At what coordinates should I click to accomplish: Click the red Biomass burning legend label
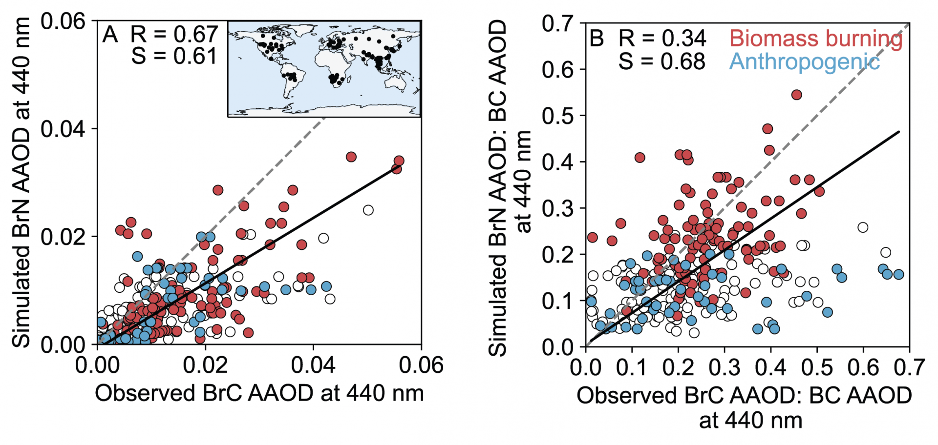point(816,39)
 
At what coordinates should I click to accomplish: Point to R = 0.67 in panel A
point(174,35)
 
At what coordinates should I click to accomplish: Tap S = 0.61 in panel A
point(174,56)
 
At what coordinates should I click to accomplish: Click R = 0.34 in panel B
point(662,39)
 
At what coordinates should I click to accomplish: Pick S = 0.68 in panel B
point(662,62)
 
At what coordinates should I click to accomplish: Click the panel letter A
point(110,35)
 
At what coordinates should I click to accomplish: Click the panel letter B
point(597,39)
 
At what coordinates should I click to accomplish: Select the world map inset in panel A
point(324,69)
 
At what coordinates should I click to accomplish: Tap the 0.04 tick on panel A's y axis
point(63,129)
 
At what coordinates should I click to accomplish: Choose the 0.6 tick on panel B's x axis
point(863,367)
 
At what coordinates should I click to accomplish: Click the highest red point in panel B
point(797,95)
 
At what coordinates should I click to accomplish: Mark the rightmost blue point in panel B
point(898,275)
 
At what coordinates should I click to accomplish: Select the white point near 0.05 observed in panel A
point(368,210)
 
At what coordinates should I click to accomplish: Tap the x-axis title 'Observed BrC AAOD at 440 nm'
point(259,393)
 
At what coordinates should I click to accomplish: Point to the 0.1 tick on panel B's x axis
point(632,367)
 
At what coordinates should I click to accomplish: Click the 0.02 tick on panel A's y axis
point(63,237)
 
